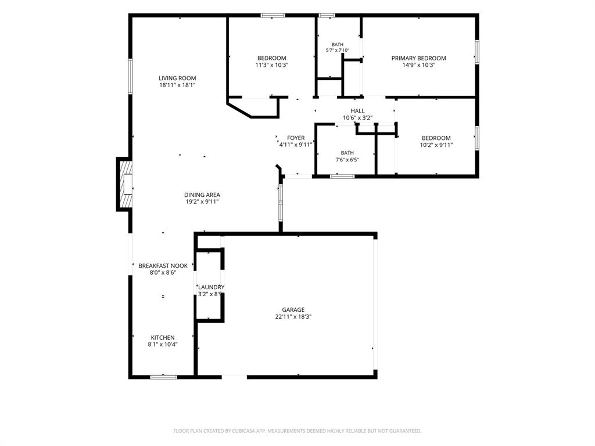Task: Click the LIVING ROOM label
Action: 177,78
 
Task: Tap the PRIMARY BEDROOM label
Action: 418,58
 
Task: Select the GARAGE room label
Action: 293,310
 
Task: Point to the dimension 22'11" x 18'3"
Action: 293,316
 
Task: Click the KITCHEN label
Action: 163,337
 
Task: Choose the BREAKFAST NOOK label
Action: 163,266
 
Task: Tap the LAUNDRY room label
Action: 211,287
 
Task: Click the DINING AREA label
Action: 202,195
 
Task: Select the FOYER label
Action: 296,138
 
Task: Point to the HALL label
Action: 357,111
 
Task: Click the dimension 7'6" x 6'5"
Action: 347,160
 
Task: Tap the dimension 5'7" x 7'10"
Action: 338,51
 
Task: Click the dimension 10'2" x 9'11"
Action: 436,145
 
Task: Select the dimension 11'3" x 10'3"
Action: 272,65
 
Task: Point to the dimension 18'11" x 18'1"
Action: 177,85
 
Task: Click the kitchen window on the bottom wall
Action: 163,377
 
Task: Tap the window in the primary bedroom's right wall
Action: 476,52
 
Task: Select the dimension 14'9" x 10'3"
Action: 418,65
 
